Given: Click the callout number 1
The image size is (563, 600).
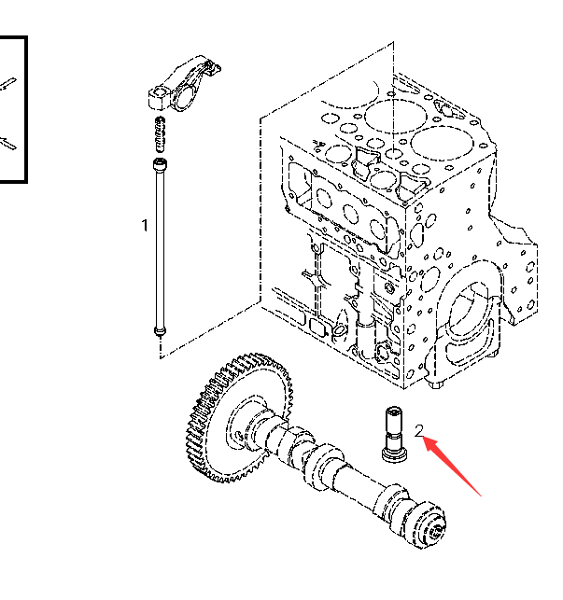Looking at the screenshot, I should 145,225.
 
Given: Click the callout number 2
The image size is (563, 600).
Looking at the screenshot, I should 420,430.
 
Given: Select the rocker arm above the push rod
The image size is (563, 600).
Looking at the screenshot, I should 184,83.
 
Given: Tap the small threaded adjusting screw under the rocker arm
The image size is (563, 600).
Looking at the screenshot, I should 159,132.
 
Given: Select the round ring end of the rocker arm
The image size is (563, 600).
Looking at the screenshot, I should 158,94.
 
